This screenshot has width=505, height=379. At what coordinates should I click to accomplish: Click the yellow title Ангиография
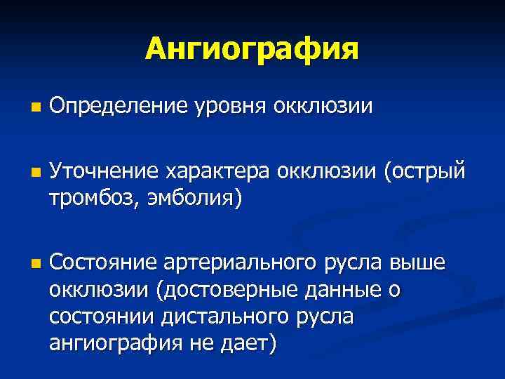click(x=252, y=49)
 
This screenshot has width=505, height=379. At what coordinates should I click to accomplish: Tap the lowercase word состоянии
click(x=103, y=317)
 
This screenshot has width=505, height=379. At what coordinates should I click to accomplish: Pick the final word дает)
click(x=250, y=344)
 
